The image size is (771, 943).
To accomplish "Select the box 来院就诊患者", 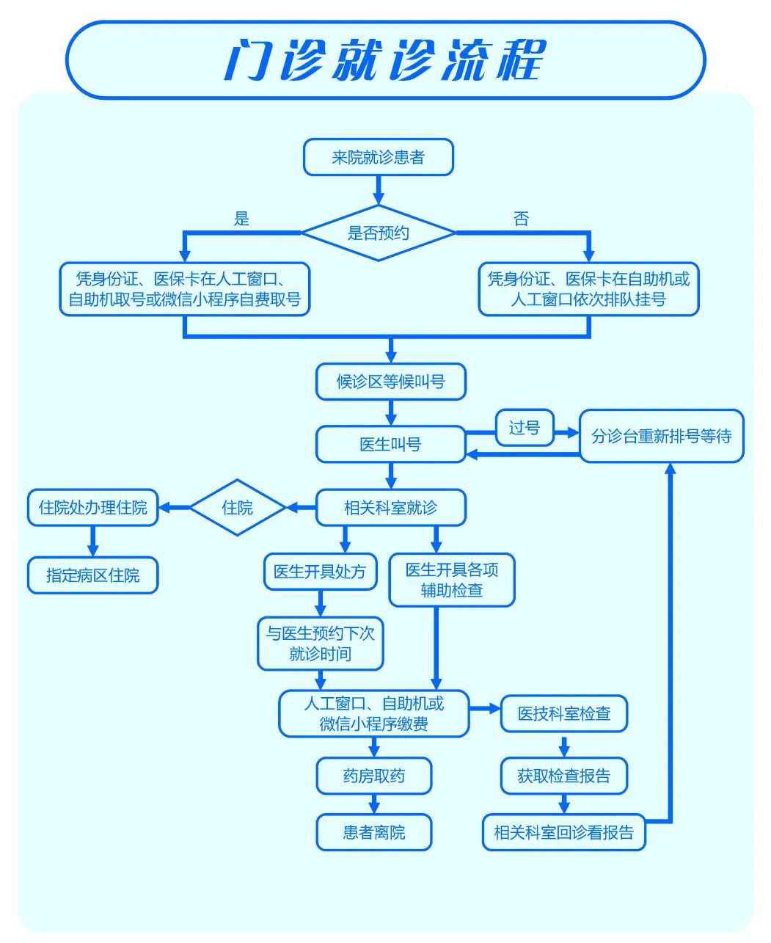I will pyautogui.click(x=379, y=158).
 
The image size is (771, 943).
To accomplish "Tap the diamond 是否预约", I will pyautogui.click(x=379, y=233).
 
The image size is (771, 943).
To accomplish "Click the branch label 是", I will pyautogui.click(x=241, y=219).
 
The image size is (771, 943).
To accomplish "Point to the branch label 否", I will pyautogui.click(x=521, y=219).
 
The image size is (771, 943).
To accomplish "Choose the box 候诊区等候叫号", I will pyautogui.click(x=391, y=382).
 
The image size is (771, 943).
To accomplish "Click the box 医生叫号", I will pyautogui.click(x=390, y=445).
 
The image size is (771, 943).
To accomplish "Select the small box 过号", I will pyautogui.click(x=525, y=428).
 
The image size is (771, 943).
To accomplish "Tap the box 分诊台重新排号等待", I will pyautogui.click(x=661, y=436).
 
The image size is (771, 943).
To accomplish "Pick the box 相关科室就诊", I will pyautogui.click(x=390, y=507).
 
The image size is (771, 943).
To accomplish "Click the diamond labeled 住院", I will pyautogui.click(x=237, y=507).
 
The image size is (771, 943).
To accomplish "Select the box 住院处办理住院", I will pyautogui.click(x=92, y=507).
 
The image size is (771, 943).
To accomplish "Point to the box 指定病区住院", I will pyautogui.click(x=92, y=575).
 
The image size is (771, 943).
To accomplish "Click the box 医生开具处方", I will pyautogui.click(x=320, y=572).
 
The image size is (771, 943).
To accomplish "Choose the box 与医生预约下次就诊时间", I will pyautogui.click(x=320, y=644).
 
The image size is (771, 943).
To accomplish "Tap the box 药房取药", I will pyautogui.click(x=374, y=776).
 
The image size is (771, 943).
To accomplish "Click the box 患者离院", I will pyautogui.click(x=374, y=832).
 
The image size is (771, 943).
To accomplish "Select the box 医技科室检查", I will pyautogui.click(x=564, y=713).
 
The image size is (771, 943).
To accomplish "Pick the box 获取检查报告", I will pyautogui.click(x=564, y=776).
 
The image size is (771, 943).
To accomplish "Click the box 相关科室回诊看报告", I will pyautogui.click(x=564, y=832).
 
